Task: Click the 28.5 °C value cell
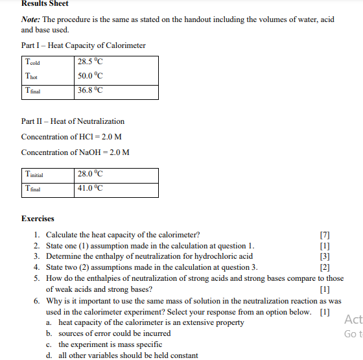coord(90,62)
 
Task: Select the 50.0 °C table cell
coord(90,77)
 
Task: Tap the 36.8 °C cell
coord(90,91)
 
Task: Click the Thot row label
coord(30,77)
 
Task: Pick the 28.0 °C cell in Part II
coord(90,174)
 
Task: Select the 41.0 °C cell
coord(90,189)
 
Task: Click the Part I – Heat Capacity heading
coord(83,45)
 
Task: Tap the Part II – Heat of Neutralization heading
coord(73,121)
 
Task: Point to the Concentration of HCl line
coord(71,137)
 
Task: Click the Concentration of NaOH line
coord(75,152)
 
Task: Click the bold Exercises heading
coord(38,219)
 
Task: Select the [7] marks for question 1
coord(325,235)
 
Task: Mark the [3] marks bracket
coord(325,256)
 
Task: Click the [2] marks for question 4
coord(325,267)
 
